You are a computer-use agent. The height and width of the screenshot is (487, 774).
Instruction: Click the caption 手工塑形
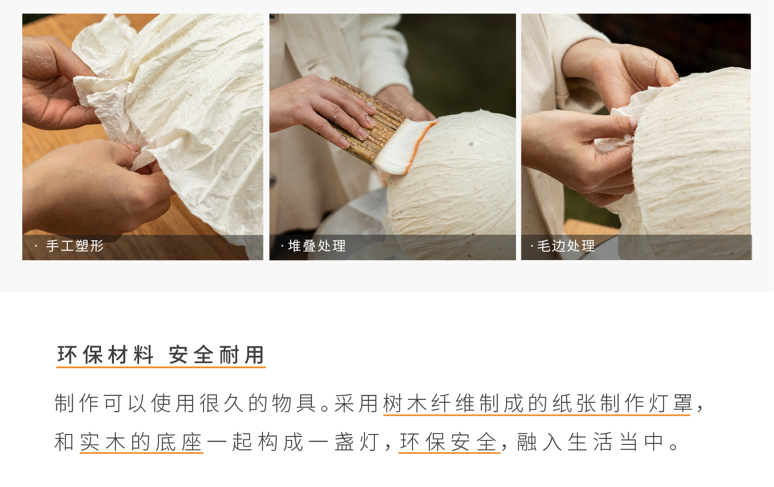tap(75, 246)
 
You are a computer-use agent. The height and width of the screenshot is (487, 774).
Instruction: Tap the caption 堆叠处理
tap(317, 246)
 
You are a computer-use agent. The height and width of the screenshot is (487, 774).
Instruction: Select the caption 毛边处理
tap(566, 246)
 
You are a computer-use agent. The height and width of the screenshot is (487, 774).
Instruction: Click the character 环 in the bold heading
tap(67, 355)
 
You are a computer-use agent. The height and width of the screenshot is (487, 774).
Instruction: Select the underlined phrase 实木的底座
tap(141, 442)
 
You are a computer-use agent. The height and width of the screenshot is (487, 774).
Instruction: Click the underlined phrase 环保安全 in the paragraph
tap(449, 442)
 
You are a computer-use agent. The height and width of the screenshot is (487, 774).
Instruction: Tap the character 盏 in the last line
tap(344, 442)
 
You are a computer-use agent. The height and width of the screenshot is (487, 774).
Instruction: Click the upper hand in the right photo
tap(619, 71)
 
